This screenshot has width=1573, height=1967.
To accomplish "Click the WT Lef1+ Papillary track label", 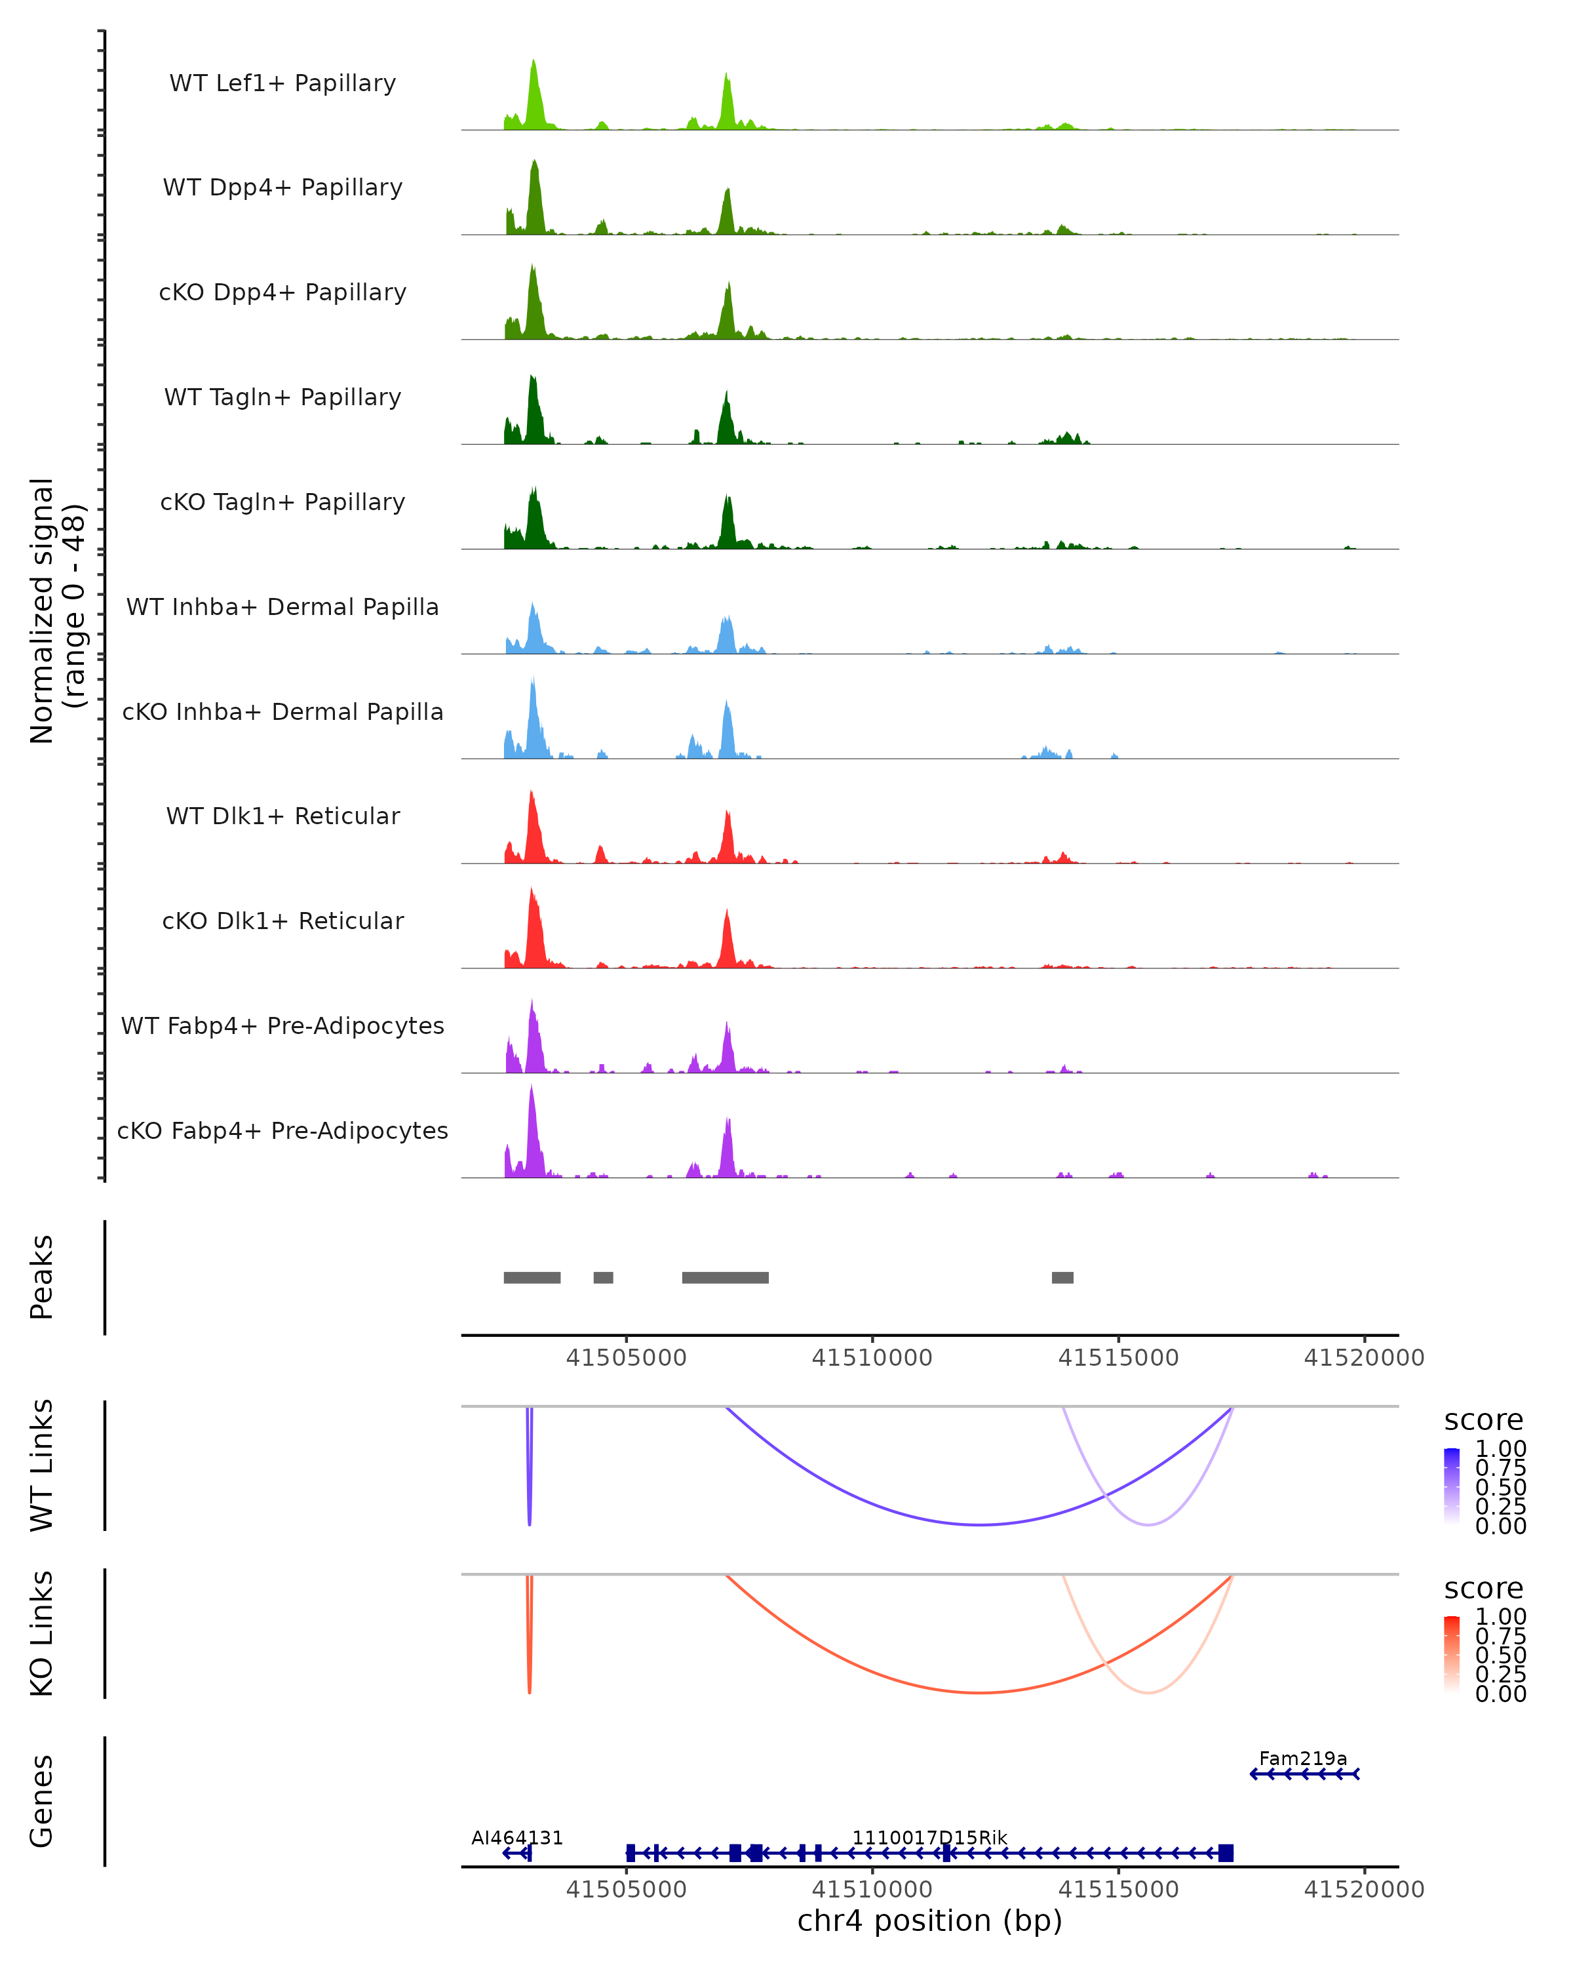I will (282, 83).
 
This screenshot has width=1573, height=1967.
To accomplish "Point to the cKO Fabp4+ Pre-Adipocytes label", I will (282, 1130).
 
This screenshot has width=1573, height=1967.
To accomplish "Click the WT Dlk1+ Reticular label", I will (282, 816).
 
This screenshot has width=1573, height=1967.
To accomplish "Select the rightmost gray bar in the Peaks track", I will (1062, 1277).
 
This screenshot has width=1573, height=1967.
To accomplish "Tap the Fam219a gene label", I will (1302, 1758).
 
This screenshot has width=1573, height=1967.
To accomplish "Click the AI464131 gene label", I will (517, 1837).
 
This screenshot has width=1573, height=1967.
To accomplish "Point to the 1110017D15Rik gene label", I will (929, 1837).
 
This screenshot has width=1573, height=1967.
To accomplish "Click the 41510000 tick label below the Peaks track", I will (872, 1358).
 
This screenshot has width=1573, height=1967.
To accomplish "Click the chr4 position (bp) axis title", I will (929, 1920).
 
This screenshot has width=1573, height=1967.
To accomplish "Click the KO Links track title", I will (42, 1633).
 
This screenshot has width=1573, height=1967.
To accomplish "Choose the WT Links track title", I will (42, 1465).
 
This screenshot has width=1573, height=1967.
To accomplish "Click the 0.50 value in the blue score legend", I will (1500, 1487).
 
